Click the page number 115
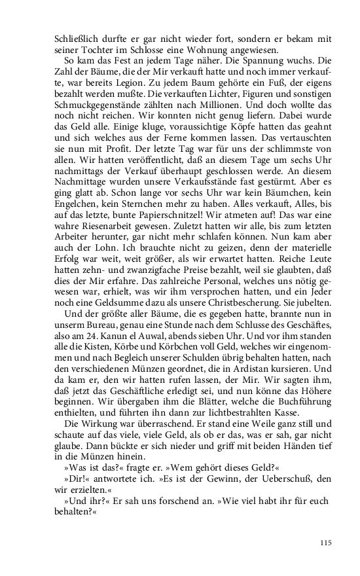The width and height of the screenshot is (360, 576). tap(327, 542)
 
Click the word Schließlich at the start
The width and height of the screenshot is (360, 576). tap(77, 39)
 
